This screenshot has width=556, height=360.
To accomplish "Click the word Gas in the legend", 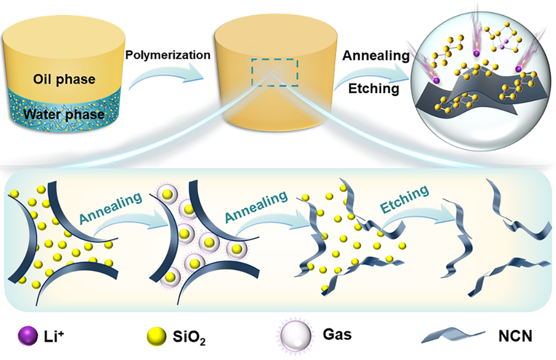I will point(337,335).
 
